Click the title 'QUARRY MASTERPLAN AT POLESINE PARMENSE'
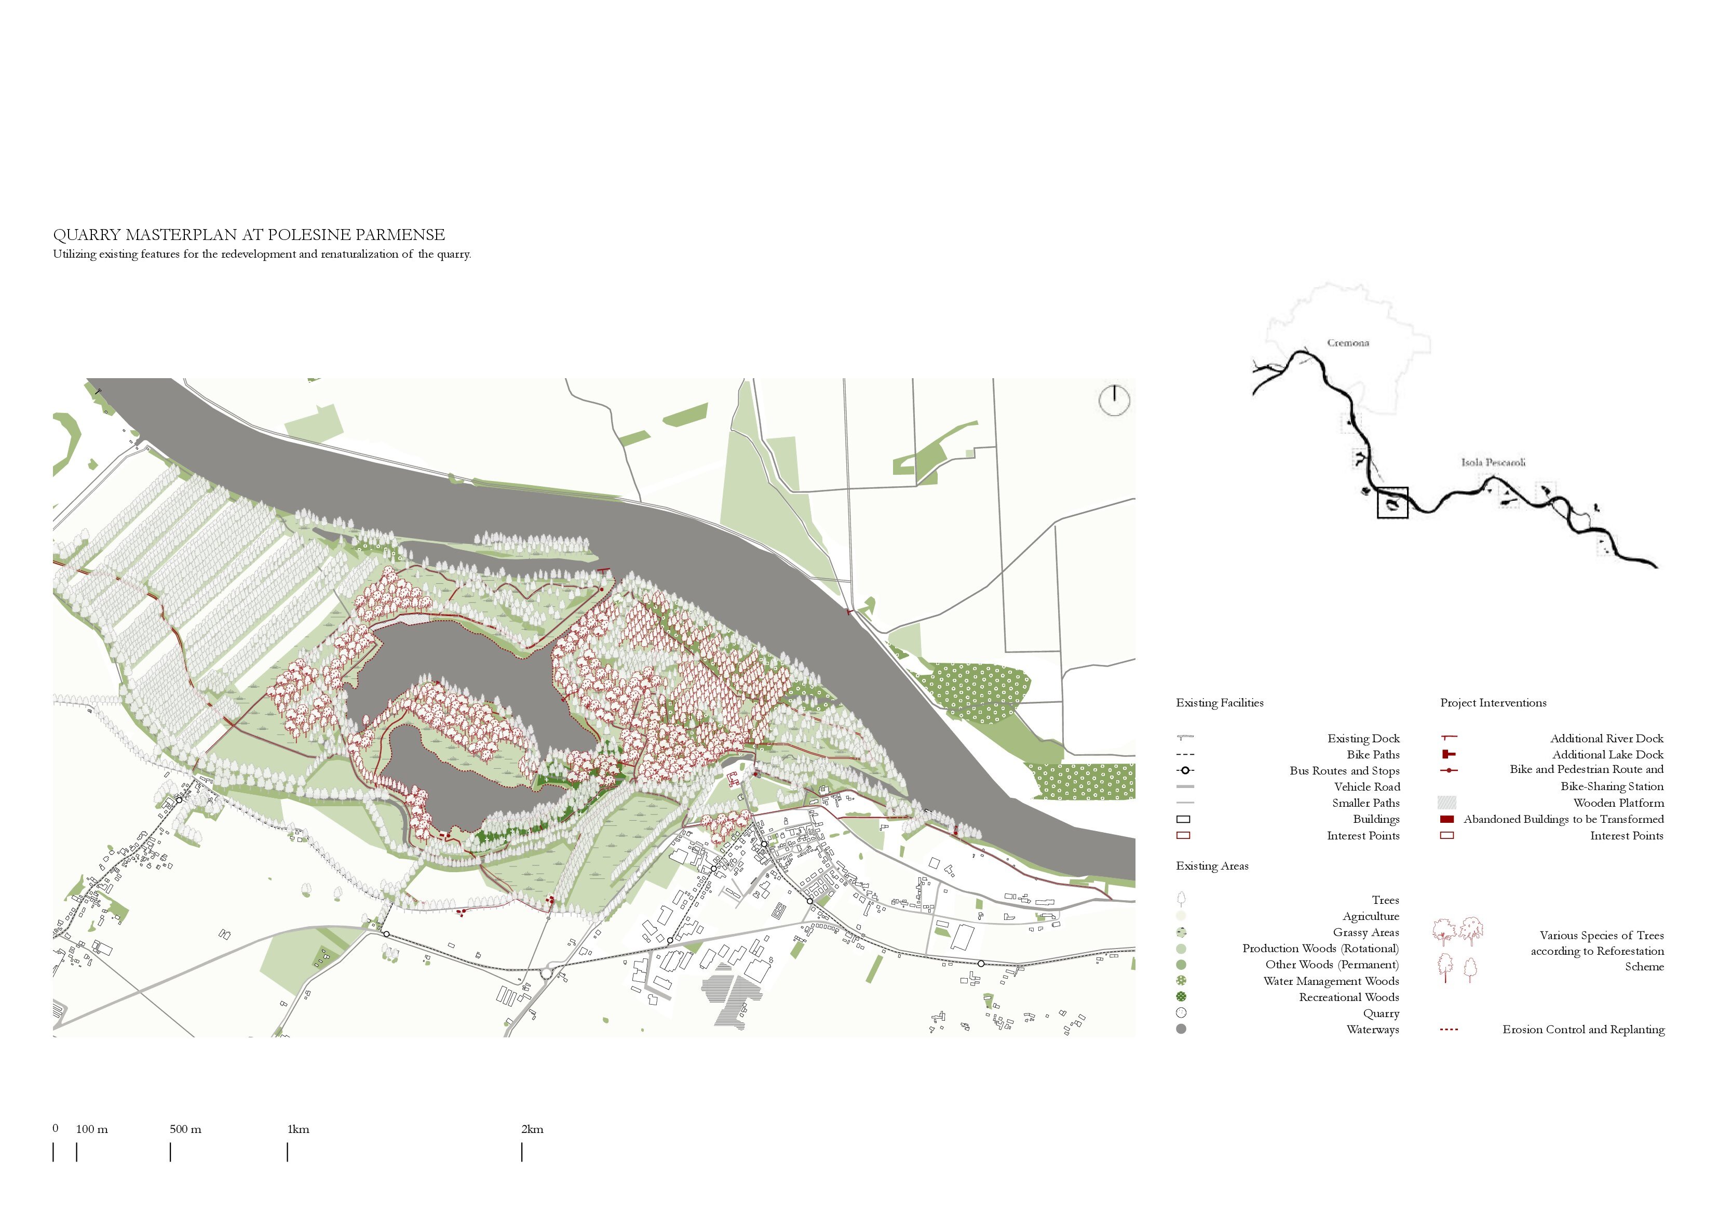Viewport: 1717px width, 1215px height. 249,235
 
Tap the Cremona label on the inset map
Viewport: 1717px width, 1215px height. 1347,343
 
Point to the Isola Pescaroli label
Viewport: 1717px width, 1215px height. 1493,462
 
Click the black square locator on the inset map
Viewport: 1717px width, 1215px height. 1392,503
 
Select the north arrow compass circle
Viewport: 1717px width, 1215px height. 1114,400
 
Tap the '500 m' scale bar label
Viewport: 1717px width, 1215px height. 185,1129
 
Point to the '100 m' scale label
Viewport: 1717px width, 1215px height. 91,1129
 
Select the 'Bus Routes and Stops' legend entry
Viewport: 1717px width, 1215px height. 1344,770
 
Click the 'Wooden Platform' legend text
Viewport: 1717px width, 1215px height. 1618,803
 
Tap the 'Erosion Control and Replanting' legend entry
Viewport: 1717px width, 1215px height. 1583,1030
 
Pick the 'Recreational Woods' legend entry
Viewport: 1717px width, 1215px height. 1348,997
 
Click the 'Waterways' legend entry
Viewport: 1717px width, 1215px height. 1372,1030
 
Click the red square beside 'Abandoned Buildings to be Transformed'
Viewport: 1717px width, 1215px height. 1447,819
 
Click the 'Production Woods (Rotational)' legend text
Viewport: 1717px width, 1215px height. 1320,949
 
